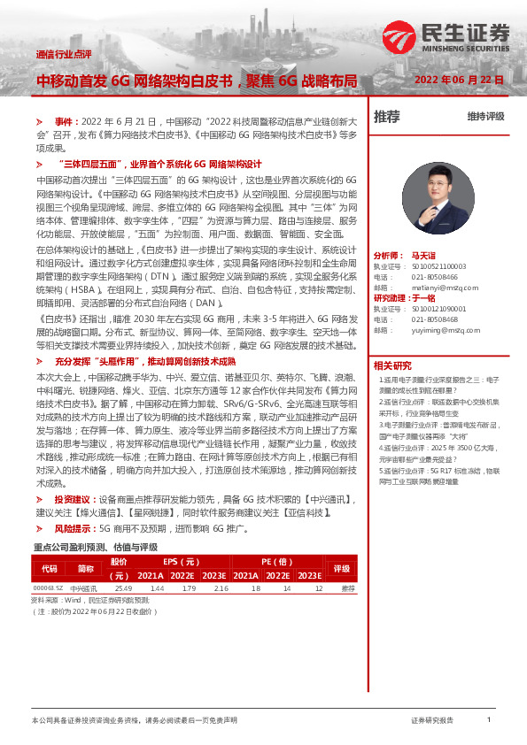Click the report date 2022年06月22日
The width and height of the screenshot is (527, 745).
coord(460,80)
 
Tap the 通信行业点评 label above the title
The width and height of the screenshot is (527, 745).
coord(64,54)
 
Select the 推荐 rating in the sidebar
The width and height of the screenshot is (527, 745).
coord(387,116)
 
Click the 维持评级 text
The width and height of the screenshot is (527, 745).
coord(485,117)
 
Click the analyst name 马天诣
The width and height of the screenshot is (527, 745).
coord(424,254)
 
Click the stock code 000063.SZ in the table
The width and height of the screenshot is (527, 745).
coord(48,588)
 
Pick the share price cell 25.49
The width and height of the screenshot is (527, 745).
coord(122,588)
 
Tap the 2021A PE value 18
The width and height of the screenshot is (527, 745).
coord(255,588)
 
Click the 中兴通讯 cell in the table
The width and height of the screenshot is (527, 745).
coord(83,588)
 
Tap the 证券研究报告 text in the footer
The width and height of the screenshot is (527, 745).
coord(432,721)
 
